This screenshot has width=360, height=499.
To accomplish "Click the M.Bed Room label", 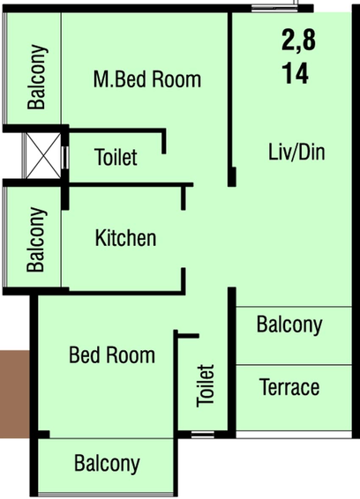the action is [x=147, y=79].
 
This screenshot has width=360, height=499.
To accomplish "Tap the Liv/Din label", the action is [x=296, y=152].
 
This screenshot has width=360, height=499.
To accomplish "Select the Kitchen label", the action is [x=126, y=238].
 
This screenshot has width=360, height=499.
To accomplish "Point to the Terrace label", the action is [x=289, y=387].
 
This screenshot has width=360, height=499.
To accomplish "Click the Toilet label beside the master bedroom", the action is [x=116, y=157].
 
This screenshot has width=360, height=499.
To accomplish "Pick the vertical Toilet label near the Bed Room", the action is [x=206, y=385].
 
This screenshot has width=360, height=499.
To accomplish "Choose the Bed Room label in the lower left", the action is [x=112, y=354].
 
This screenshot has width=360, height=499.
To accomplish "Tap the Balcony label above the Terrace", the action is [x=289, y=325].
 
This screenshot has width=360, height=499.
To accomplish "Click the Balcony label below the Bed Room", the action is [x=107, y=464].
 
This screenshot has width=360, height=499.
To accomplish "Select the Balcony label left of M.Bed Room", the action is [x=37, y=77].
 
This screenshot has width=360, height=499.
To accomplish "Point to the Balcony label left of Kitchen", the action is [x=36, y=239].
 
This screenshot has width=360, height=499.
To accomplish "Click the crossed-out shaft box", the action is [x=43, y=156].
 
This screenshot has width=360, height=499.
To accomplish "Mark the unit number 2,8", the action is [x=298, y=40].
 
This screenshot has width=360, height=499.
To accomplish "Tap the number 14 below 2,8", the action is [x=296, y=73].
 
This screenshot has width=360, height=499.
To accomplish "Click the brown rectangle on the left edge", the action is [x=15, y=394].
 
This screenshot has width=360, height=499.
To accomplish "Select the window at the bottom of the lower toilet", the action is [x=203, y=435].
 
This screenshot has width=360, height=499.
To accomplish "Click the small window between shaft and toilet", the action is [x=65, y=158].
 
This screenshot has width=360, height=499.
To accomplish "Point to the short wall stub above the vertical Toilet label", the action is [x=188, y=336].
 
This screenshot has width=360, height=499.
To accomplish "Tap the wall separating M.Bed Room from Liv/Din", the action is [x=230, y=99].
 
